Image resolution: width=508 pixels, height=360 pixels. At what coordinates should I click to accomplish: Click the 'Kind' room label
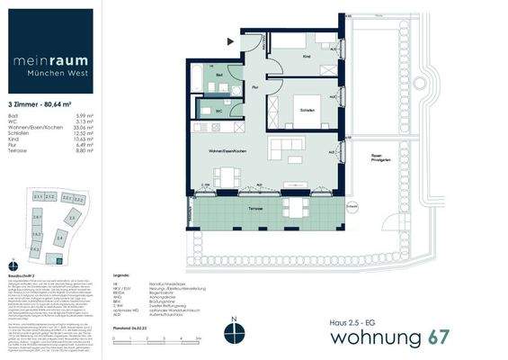pyautogui.click(x=307, y=56)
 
